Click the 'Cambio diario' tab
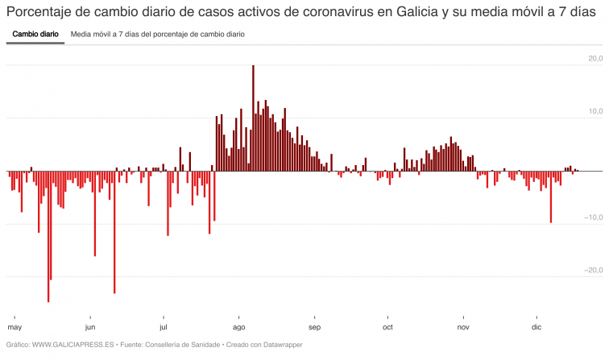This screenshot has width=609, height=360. pos(35,35)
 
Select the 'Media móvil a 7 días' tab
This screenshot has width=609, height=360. pos(158,35)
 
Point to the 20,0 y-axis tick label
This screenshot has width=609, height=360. pos(595,58)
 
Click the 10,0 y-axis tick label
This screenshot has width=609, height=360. pos(595,111)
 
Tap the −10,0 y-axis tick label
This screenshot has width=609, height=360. pos(594,217)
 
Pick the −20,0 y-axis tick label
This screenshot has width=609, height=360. pos(594,270)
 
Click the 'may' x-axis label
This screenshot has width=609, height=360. pos(14,327)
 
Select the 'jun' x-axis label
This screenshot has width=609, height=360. pos(90,327)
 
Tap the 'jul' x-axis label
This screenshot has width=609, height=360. pos(164,327)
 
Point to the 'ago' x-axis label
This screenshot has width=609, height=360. pos(239,327)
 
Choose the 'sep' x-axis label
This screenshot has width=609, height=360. pos(314,327)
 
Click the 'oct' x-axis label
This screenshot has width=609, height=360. pos(387,327)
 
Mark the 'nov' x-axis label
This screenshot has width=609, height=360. pos(463,327)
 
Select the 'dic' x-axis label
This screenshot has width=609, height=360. pos(536,327)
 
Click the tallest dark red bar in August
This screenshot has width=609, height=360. pos(253,113)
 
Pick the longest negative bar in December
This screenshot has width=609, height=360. pos(551,197)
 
